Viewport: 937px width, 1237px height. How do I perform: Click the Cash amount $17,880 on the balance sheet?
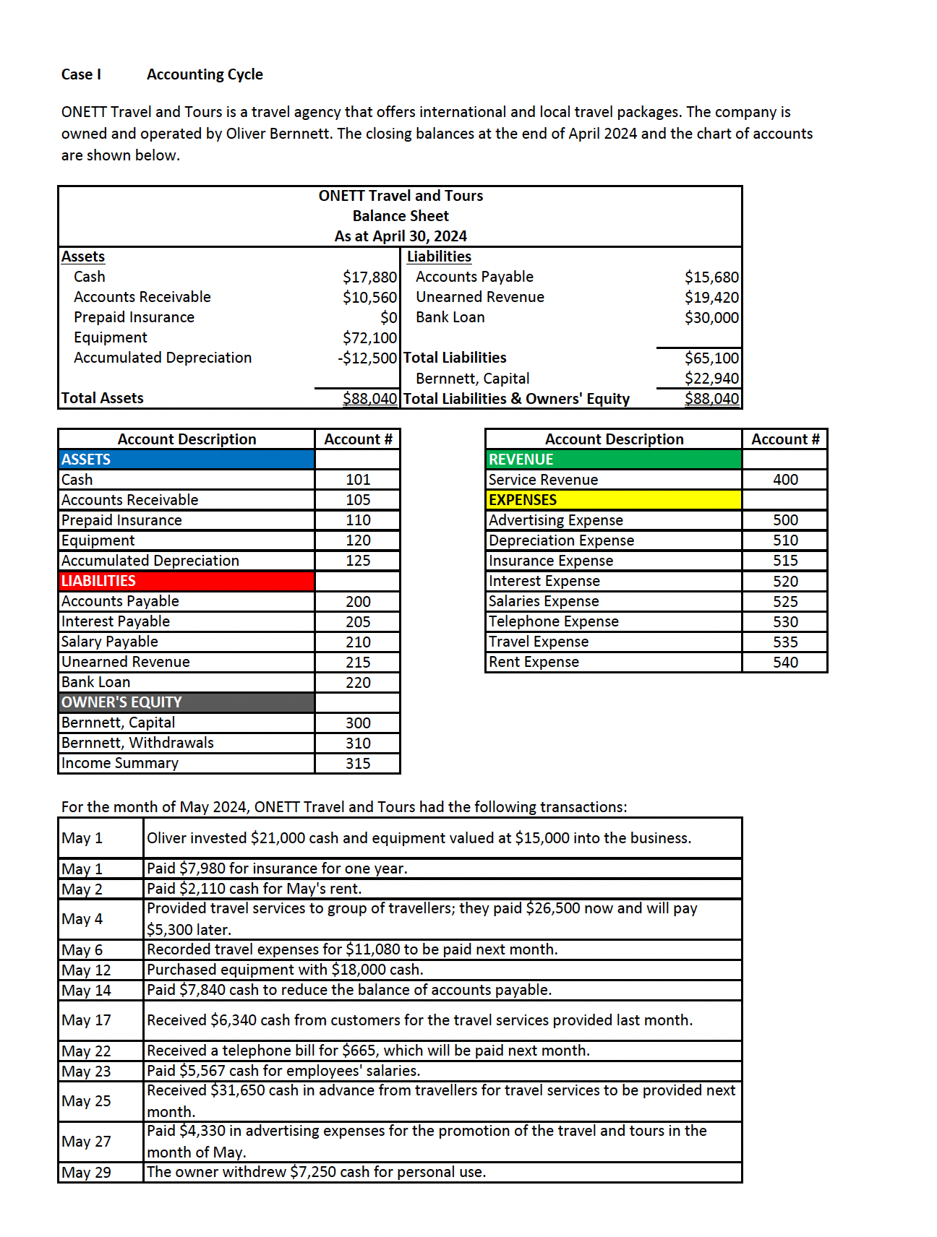369,277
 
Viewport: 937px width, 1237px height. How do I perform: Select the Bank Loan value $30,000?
711,317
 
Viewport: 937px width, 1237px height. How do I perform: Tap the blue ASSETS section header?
187,460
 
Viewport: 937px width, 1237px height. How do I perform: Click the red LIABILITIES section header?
187,581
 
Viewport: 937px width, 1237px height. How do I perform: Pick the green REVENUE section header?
614,460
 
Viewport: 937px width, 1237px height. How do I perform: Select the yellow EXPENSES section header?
614,500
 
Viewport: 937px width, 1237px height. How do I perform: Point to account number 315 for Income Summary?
358,764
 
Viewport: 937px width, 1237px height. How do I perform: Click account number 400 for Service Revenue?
785,480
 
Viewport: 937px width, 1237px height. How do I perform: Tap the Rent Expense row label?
534,662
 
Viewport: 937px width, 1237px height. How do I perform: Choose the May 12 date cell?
87,970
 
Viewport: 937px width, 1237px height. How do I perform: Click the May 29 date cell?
87,1173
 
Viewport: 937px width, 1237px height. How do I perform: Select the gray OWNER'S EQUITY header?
187,702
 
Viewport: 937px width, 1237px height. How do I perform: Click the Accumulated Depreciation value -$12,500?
367,358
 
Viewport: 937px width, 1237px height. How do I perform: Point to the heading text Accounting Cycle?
205,74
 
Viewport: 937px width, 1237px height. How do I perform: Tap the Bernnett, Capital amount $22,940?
711,379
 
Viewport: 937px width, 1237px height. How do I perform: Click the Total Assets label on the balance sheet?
103,398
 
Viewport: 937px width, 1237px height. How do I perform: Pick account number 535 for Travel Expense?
785,642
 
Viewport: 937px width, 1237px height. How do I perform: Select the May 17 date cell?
87,1020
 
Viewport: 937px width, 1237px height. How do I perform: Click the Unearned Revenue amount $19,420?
711,297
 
